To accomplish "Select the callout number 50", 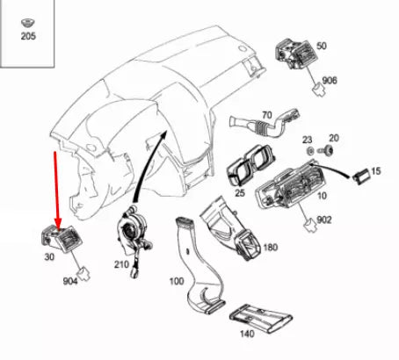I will click(x=322, y=45).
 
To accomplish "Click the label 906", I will click(x=330, y=80).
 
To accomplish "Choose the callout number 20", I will click(x=333, y=139).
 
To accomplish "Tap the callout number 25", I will click(x=238, y=192).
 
